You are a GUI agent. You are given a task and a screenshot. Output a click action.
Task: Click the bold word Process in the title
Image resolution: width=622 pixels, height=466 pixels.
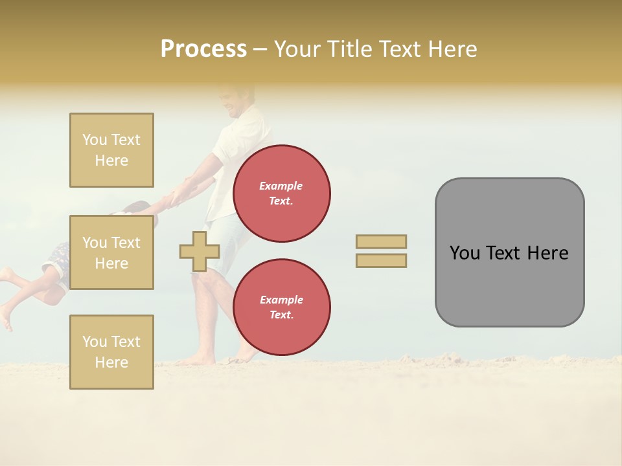(203, 49)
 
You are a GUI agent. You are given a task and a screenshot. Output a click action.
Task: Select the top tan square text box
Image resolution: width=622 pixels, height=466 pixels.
(111, 150)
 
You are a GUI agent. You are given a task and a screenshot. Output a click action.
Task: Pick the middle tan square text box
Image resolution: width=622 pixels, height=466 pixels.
(111, 252)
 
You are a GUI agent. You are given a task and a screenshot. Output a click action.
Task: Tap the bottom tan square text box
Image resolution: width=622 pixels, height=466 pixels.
(111, 352)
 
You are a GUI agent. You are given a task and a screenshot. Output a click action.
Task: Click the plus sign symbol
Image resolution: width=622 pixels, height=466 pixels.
(200, 251)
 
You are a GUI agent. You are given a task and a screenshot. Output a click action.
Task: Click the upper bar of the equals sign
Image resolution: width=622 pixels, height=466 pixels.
(381, 241)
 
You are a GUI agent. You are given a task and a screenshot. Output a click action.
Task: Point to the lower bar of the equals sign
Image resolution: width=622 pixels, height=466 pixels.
(381, 260)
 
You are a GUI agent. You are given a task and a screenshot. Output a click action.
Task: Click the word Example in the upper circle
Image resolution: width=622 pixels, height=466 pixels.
(281, 186)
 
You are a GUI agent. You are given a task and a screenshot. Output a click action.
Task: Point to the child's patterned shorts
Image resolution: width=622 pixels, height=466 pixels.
(57, 259)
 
